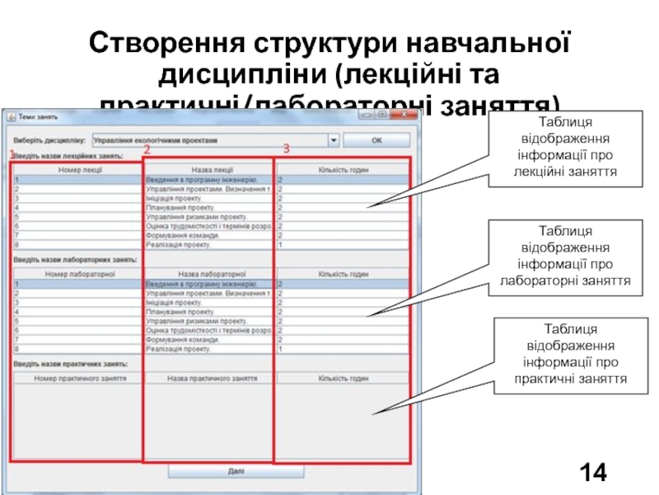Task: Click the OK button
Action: tap(376, 140)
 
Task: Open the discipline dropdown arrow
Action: tap(334, 140)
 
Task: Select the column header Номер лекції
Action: tap(80, 170)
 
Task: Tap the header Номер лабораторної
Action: tap(80, 275)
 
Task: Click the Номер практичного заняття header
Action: tap(80, 379)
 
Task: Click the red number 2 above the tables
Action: tap(146, 151)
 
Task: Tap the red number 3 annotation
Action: tap(286, 149)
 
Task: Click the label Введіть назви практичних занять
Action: tap(69, 364)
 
